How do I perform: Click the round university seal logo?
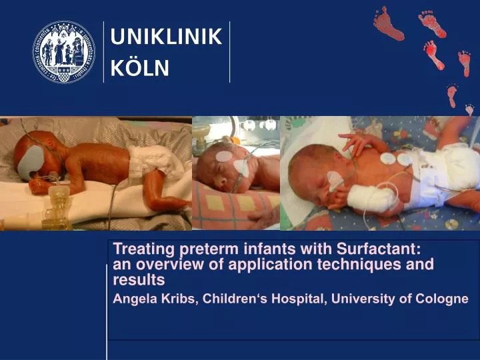(64, 52)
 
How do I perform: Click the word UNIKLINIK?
(165, 37)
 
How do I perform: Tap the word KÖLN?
(139, 67)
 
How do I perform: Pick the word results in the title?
(139, 279)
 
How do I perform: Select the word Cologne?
(444, 299)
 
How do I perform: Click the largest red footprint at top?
(389, 23)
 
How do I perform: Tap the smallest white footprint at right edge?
(469, 109)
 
